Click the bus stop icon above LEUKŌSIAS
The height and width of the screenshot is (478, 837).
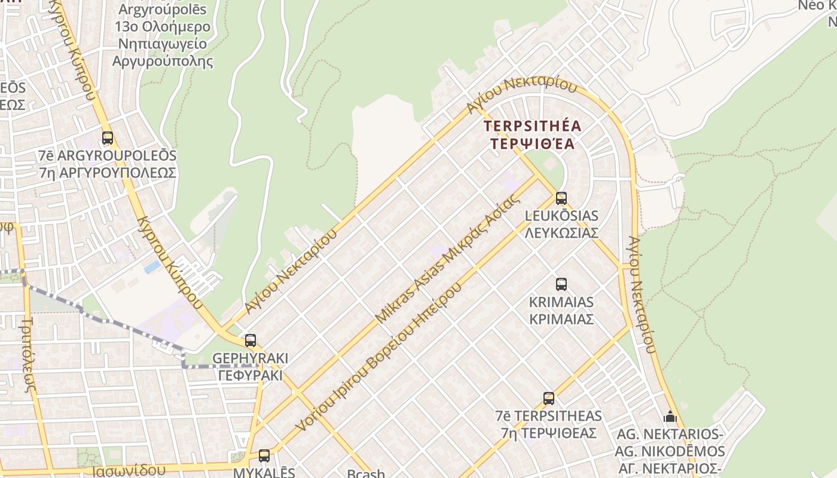coord(561,198)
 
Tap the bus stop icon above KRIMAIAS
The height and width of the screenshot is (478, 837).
coord(561,284)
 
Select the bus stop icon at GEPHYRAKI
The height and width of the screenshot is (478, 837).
coord(251,341)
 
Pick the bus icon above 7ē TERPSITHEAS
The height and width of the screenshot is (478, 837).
coord(549,399)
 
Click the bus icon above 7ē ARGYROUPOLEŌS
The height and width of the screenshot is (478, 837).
coord(108,138)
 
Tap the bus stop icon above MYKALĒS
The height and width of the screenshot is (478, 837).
coord(264,456)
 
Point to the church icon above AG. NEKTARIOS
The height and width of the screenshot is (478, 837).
coord(670,416)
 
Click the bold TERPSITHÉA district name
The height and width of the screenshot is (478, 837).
coord(532,126)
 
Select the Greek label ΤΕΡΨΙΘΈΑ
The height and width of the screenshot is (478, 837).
coord(532,144)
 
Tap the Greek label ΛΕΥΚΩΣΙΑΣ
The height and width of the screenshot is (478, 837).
coord(561,233)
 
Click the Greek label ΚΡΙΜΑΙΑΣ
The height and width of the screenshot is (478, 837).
coord(561,319)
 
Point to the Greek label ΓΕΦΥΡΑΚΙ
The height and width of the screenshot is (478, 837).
coord(250,376)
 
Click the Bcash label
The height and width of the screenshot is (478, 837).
coord(366,474)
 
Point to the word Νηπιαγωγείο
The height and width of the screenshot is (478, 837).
coord(163,44)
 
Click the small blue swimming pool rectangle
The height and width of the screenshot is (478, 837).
coord(152,266)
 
